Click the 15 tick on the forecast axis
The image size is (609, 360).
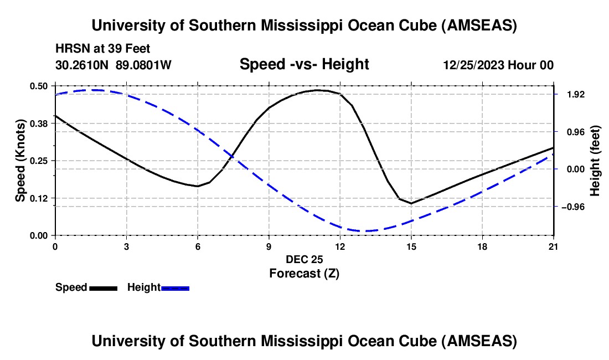point(411,246)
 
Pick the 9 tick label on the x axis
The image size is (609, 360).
point(269,246)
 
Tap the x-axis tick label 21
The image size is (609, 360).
point(554,246)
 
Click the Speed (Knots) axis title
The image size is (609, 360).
point(20,161)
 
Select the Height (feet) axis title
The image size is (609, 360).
point(595,161)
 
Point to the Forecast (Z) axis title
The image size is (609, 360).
point(304,273)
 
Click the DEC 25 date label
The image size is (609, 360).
point(304,259)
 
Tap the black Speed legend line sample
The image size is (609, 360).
point(103,288)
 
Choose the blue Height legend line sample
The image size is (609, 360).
point(176,288)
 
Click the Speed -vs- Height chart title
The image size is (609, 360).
point(304,65)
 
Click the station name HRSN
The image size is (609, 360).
point(70,49)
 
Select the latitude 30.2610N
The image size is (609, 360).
point(83,65)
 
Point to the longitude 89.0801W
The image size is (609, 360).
point(144,65)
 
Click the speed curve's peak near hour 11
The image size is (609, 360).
point(317,90)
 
